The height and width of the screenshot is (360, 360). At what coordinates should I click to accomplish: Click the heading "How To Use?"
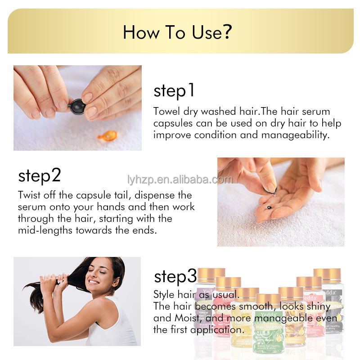[x=177, y=32]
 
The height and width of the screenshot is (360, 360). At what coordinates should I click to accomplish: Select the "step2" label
[x=40, y=175]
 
